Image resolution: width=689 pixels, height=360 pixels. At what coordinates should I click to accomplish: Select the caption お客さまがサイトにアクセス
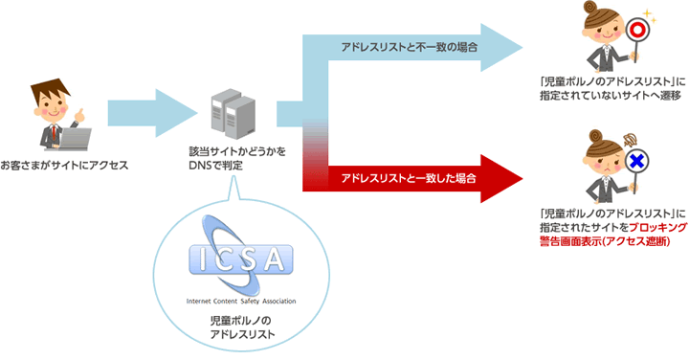64,166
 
